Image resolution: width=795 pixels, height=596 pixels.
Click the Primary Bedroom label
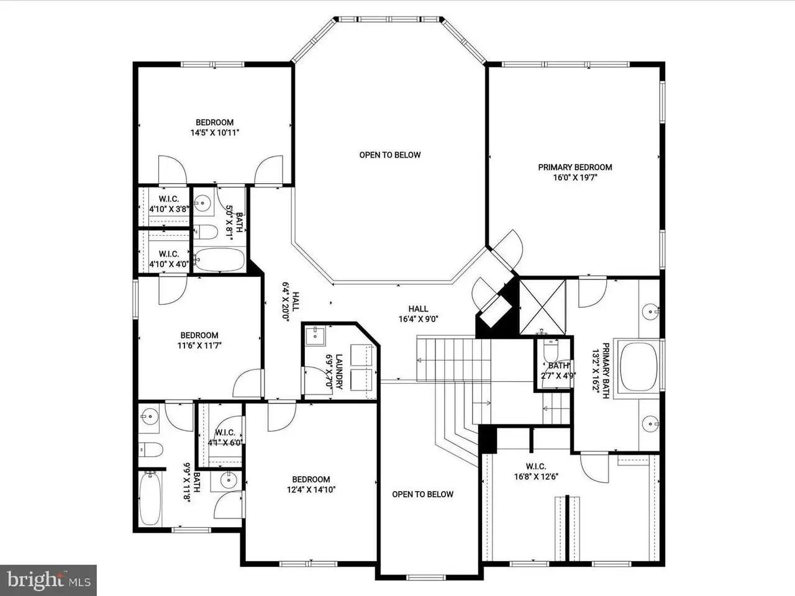(575, 172)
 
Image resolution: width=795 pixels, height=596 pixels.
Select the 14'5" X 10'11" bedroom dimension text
(215, 133)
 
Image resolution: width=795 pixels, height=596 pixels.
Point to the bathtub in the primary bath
(638, 367)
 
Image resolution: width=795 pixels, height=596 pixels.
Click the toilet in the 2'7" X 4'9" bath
(551, 349)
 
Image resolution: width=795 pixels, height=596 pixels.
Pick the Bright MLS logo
(48, 580)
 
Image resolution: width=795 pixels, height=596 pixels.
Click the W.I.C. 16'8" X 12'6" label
(536, 471)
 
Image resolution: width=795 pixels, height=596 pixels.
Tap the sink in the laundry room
(316, 335)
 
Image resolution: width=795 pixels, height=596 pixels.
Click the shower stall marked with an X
(542, 307)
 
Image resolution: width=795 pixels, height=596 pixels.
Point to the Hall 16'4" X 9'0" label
(419, 314)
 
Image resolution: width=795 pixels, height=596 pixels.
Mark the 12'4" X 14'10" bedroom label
(311, 484)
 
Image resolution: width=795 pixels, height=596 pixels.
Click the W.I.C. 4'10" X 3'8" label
(169, 204)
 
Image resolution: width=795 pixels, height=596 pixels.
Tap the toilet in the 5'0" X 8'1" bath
(206, 232)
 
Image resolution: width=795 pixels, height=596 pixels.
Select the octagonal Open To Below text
(390, 155)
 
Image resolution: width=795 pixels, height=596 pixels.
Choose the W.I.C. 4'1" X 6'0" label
(225, 438)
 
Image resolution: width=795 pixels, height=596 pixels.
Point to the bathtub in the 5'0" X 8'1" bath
(219, 260)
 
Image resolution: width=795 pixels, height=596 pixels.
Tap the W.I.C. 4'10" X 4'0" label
(169, 259)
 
